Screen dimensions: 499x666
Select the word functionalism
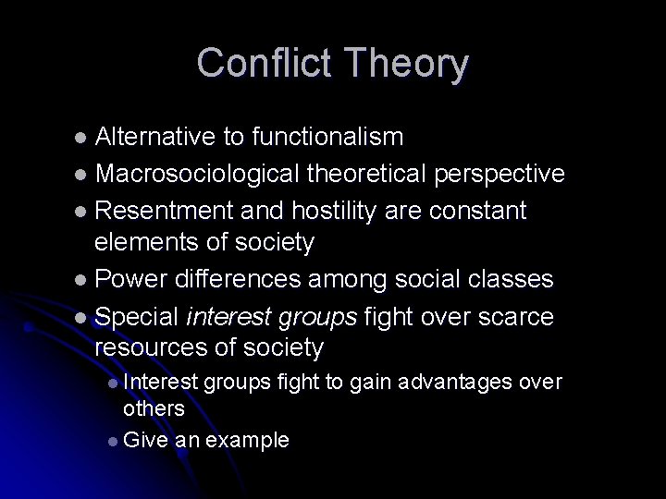click(327, 138)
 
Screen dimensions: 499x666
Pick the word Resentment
click(165, 211)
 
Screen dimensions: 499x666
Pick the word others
click(154, 408)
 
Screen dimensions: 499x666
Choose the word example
click(247, 440)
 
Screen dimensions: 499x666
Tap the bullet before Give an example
click(112, 441)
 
